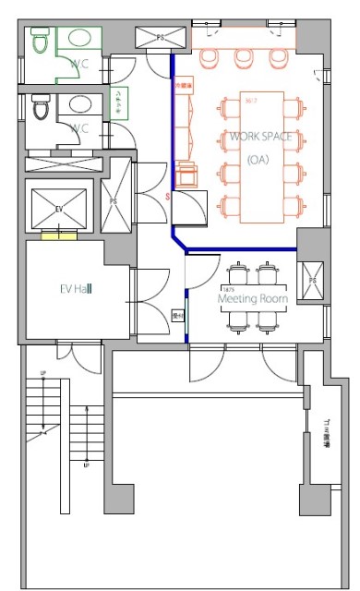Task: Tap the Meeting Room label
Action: click(252, 299)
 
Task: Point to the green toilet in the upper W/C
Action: click(40, 42)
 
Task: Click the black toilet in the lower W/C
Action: click(40, 109)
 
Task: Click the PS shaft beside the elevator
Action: click(114, 200)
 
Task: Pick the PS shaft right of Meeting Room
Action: click(311, 278)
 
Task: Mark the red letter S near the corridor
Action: click(167, 197)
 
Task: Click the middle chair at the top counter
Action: click(244, 57)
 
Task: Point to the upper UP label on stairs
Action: click(42, 373)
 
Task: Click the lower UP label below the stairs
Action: click(86, 465)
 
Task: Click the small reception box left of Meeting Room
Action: click(178, 316)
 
